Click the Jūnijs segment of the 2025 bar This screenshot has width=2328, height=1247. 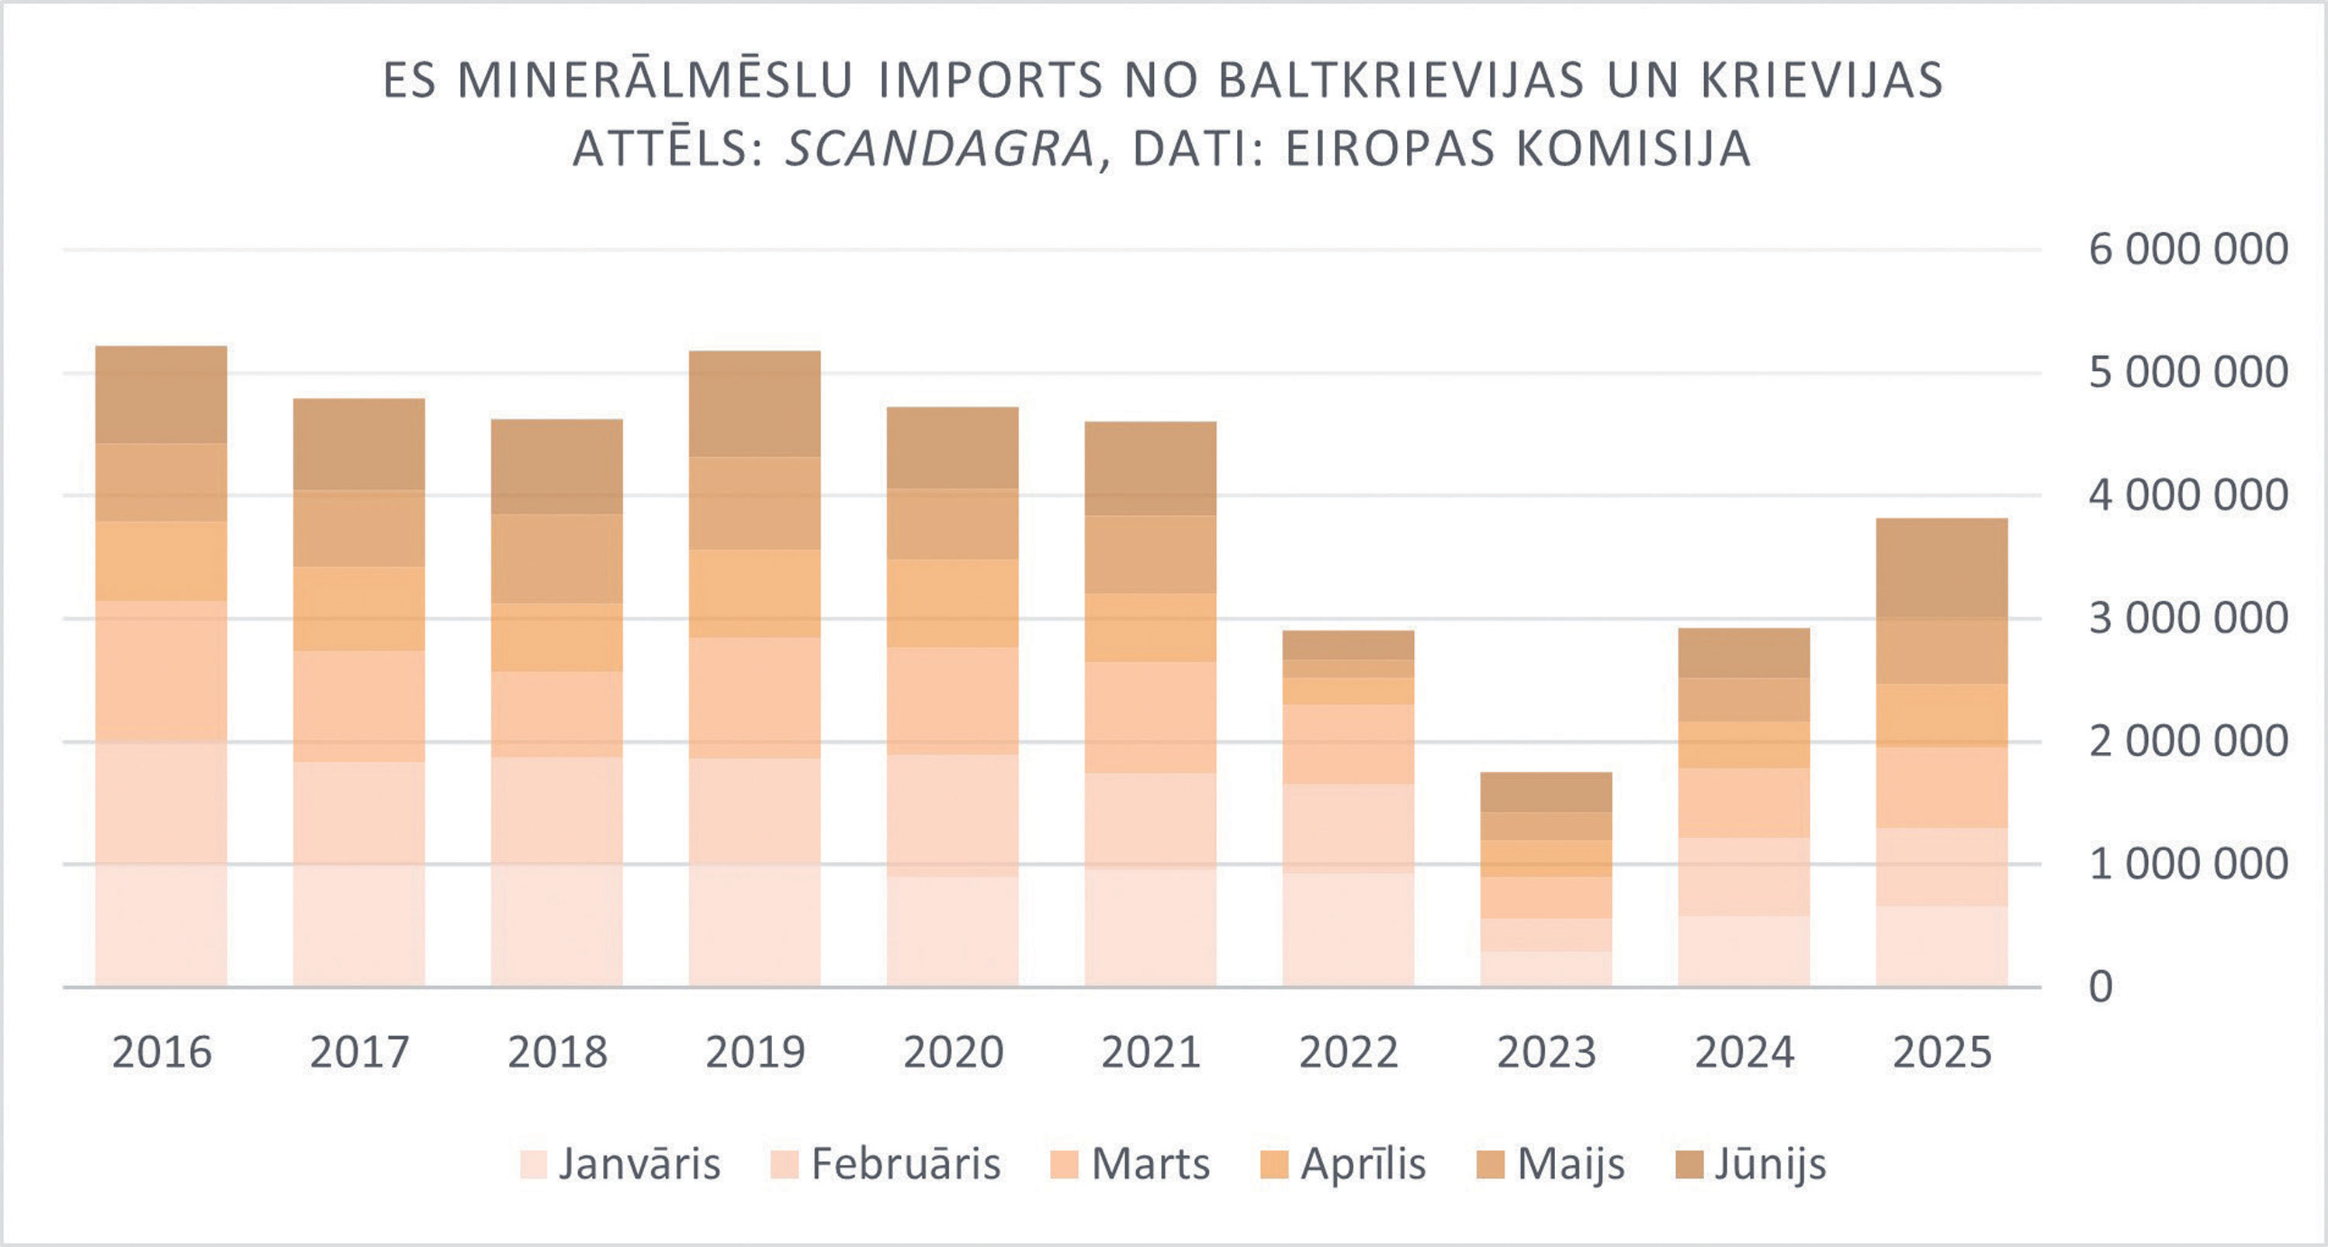point(1942,567)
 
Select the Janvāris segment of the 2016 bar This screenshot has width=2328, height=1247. point(161,925)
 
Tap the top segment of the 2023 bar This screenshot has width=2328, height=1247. point(1545,791)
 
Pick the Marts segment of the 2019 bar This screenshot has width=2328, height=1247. point(754,698)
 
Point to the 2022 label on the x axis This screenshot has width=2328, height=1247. point(1349,1051)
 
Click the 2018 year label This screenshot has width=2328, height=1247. point(556,1051)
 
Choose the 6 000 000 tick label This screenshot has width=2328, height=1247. point(2188,249)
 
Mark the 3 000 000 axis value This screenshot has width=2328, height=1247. point(2188,619)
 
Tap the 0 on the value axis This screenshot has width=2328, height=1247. point(2101,987)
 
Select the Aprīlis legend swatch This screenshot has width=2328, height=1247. point(1273,1165)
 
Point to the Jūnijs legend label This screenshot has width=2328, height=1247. point(1769,1164)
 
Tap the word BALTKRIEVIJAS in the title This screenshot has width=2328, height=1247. point(1401,81)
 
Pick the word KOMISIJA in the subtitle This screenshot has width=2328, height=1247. point(1634,149)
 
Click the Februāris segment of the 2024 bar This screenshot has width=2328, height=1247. point(1744,877)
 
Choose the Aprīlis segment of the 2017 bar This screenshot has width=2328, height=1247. point(359,608)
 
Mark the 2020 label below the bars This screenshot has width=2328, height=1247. point(952,1051)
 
